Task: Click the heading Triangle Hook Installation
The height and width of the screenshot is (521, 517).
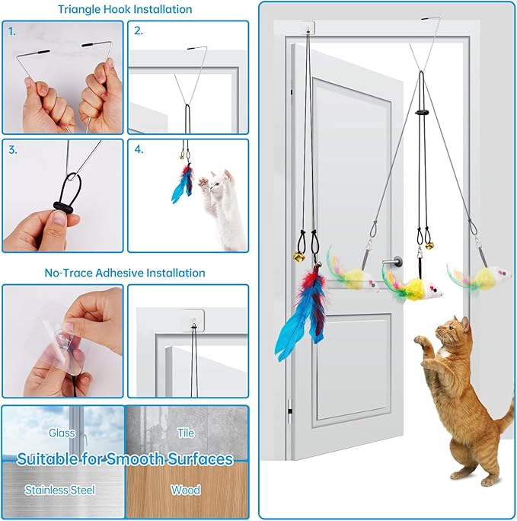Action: tap(125, 10)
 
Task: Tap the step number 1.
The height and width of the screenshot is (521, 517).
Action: tap(13, 31)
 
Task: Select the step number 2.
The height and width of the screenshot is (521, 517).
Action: tap(139, 31)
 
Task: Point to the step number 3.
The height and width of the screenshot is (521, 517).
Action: tap(13, 149)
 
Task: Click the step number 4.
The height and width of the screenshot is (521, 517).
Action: tap(139, 149)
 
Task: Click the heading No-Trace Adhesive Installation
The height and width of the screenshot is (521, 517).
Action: tap(125, 272)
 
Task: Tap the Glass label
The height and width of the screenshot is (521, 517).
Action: tap(62, 433)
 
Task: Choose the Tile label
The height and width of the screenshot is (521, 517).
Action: tap(186, 433)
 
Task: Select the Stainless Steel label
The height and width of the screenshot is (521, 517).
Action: tap(62, 490)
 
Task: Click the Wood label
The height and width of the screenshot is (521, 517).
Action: tap(186, 490)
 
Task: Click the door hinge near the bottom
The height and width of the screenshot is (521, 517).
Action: tap(290, 411)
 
